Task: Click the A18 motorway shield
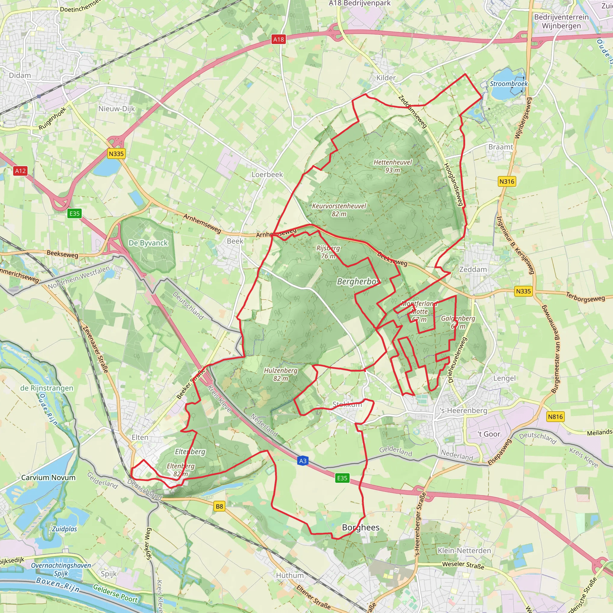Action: (278, 39)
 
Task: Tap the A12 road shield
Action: (21, 171)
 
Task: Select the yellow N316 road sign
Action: (506, 181)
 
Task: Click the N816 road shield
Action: (555, 417)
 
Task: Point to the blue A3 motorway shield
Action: (303, 461)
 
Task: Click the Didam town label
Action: (20, 75)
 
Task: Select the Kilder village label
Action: (386, 78)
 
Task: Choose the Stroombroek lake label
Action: (509, 84)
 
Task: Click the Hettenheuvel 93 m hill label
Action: (392, 166)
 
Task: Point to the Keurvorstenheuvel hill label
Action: (339, 210)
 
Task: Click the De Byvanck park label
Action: (148, 243)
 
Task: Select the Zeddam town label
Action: (473, 269)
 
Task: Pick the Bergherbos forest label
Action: (358, 281)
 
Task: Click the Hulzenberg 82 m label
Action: (280, 374)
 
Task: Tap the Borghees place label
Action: (360, 527)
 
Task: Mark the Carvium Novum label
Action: (48, 477)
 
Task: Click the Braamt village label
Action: (500, 147)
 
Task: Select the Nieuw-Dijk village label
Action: (116, 109)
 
